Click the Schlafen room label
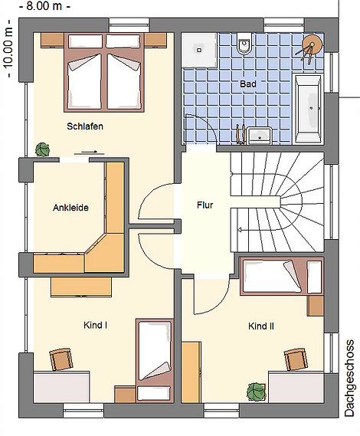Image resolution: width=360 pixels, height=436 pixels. (85, 126)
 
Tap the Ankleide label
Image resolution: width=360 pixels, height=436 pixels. (70, 208)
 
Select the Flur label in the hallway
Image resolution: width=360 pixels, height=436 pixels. (205, 205)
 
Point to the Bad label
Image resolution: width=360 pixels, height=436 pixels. (248, 84)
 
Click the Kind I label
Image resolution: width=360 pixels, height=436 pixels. (95, 325)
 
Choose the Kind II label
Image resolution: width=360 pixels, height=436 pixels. (261, 326)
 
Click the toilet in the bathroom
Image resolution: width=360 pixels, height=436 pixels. (244, 44)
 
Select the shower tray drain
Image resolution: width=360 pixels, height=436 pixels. (199, 51)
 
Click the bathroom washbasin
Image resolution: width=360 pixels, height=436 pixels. (260, 136)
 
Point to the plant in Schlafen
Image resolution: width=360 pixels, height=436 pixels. (43, 149)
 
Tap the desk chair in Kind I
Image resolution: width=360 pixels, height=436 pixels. (61, 360)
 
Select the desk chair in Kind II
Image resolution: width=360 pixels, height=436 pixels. (296, 360)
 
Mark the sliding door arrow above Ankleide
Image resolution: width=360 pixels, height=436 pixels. (89, 152)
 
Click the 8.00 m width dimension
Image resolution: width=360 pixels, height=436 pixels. (44, 6)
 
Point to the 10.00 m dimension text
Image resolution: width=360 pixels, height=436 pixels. (8, 49)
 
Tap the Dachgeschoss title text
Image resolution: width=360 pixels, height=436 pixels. (349, 378)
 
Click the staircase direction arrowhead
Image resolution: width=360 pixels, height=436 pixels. (239, 230)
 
